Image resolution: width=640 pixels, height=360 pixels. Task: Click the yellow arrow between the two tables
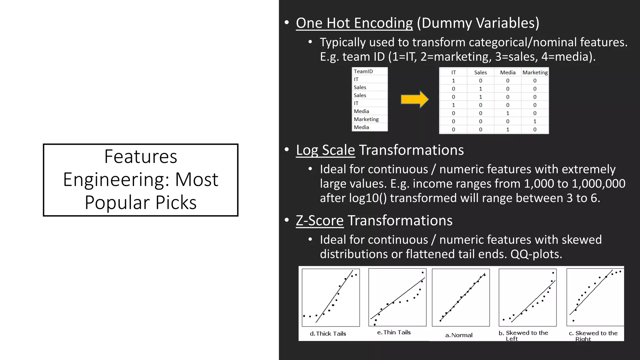414,100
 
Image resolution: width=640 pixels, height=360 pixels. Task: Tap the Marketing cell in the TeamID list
366,119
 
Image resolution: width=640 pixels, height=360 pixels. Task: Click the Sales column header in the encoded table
480,72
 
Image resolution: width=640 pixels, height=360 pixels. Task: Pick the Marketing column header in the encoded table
535,72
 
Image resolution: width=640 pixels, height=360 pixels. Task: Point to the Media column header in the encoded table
507,72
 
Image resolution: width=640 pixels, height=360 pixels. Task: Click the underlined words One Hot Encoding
354,23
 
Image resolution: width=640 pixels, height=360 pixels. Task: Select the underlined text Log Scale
325,150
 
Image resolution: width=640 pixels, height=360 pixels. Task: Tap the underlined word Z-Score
319,221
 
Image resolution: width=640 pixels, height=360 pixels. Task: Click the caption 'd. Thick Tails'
328,334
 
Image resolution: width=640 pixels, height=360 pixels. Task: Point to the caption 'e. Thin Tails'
394,332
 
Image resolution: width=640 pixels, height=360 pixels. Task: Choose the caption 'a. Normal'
459,335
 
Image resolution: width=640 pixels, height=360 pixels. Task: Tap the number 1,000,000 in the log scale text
598,184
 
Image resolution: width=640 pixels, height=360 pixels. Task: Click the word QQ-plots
536,254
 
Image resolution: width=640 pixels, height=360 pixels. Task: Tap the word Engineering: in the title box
116,179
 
